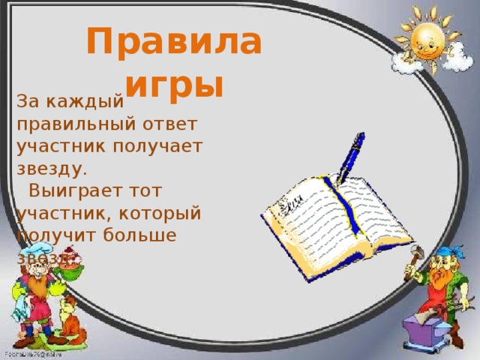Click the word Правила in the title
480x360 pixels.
[174, 42]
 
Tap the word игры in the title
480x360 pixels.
[174, 85]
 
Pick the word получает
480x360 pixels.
[159, 146]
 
